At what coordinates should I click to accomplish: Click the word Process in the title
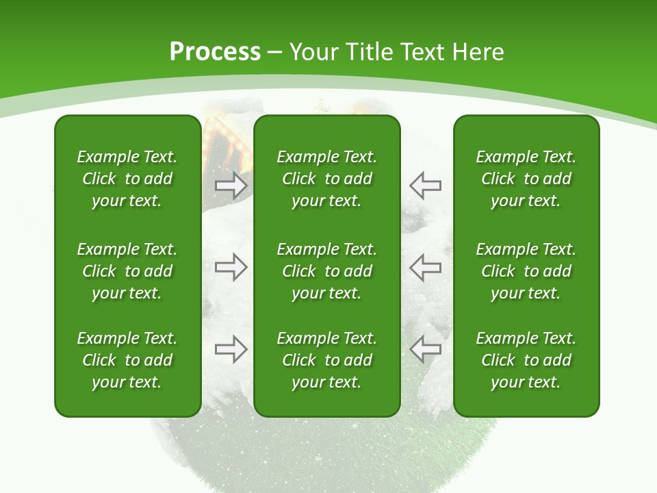[x=215, y=52]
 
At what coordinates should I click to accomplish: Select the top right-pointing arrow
[x=231, y=185]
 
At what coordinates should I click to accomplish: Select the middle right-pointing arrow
[x=231, y=267]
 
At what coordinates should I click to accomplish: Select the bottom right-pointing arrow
[x=231, y=349]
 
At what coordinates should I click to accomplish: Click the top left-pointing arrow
[x=425, y=185]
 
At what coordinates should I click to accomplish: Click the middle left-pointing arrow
[x=425, y=267]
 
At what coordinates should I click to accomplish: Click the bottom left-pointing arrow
[x=425, y=349]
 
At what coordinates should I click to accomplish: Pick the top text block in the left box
[x=127, y=179]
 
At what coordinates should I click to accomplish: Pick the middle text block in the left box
[x=127, y=271]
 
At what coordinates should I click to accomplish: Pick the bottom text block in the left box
[x=127, y=360]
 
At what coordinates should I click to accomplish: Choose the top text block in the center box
[x=327, y=179]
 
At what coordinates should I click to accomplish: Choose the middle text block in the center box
[x=327, y=271]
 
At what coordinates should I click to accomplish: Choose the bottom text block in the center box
[x=327, y=360]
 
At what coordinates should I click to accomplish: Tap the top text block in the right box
[x=526, y=179]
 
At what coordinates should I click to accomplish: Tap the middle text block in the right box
[x=526, y=271]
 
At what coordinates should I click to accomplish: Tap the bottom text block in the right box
[x=526, y=360]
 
